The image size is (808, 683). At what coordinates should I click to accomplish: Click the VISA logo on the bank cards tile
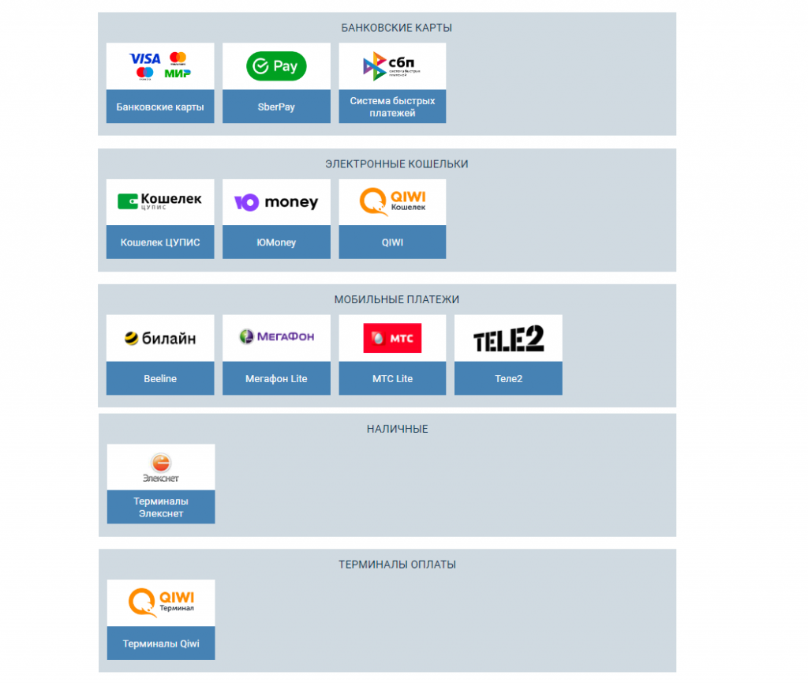tap(144, 58)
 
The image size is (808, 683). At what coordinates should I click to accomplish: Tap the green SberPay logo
tap(276, 66)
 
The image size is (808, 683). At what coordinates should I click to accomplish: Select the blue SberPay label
tap(276, 107)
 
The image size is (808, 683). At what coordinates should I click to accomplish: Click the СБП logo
tap(392, 66)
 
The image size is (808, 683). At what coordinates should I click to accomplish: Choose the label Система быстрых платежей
tap(392, 107)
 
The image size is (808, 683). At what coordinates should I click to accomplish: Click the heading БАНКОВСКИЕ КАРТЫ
tap(396, 28)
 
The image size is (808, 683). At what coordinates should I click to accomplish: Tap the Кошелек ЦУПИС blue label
tap(160, 242)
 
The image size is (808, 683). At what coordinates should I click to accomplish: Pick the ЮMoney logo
tap(276, 202)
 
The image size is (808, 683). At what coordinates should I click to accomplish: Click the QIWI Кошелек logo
tap(392, 201)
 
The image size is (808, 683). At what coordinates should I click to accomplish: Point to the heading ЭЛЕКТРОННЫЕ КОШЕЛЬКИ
tap(396, 164)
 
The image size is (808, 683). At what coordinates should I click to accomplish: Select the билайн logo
tap(160, 339)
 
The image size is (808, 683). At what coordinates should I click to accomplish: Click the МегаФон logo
tap(276, 337)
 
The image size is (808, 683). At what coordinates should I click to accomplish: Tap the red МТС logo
tap(392, 338)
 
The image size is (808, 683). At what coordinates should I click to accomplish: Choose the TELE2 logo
tap(508, 340)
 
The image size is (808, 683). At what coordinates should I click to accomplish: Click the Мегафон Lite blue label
tap(276, 379)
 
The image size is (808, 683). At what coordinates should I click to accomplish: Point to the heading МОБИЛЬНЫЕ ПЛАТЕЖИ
tap(396, 300)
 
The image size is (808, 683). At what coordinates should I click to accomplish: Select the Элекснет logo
tap(160, 467)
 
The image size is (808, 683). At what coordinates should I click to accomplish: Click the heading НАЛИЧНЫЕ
tap(397, 429)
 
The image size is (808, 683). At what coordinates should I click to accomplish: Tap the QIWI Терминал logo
tap(161, 602)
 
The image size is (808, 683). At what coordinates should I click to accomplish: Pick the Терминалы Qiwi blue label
tap(161, 644)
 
